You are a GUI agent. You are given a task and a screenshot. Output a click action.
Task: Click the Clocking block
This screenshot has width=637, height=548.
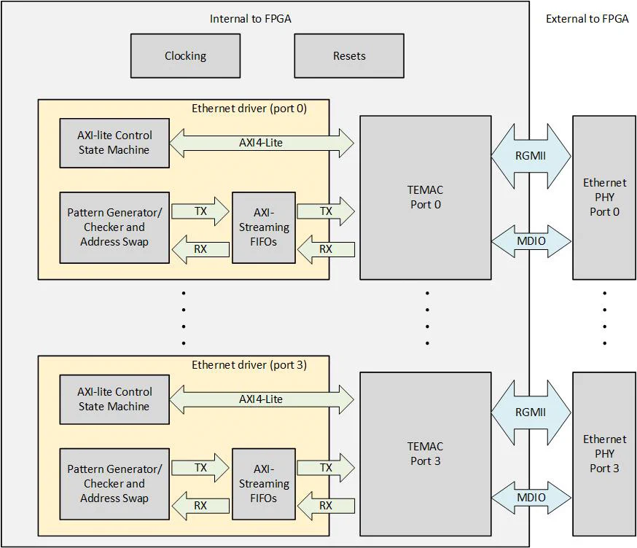click(x=185, y=56)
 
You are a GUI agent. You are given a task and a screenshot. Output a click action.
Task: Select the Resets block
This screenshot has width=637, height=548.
click(x=348, y=56)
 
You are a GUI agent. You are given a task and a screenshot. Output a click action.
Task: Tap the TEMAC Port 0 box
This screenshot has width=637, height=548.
click(x=425, y=197)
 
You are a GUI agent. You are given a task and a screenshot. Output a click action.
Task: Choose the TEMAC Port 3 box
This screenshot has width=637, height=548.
click(x=425, y=453)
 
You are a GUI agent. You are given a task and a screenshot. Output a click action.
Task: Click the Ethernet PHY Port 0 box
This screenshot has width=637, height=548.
click(x=604, y=197)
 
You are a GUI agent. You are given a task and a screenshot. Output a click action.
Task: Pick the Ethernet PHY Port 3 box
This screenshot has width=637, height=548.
click(x=604, y=453)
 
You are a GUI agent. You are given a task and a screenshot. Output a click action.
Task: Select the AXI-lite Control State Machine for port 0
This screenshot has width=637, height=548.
click(x=114, y=143)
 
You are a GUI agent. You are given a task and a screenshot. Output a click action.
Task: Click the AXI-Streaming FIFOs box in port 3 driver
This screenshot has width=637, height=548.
click(x=264, y=484)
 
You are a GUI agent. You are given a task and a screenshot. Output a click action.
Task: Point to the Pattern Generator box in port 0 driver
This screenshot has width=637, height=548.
click(x=114, y=227)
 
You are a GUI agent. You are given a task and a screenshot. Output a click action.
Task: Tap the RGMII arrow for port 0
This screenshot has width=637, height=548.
click(x=531, y=155)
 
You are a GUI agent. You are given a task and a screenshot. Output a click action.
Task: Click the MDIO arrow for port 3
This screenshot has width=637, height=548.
click(x=531, y=497)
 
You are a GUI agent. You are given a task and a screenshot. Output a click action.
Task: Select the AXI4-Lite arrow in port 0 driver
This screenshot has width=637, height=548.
click(x=261, y=143)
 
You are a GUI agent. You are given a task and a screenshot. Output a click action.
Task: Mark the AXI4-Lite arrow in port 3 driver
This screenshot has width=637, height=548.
click(x=261, y=399)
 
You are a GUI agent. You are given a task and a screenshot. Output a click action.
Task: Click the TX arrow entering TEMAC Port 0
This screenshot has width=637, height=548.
click(x=326, y=211)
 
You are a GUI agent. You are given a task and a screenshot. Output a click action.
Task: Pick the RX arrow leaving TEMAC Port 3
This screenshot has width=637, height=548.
click(x=326, y=505)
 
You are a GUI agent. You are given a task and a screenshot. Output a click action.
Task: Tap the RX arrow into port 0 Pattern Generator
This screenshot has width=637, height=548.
click(x=200, y=249)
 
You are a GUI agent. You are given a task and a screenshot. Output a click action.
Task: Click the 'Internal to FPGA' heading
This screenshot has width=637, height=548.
click(x=250, y=19)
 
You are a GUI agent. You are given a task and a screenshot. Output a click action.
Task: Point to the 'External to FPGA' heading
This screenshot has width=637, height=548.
click(x=587, y=19)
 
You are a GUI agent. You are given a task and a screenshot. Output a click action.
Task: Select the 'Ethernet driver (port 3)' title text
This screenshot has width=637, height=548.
click(x=249, y=365)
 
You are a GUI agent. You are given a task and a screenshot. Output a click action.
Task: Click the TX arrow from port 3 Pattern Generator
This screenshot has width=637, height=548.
click(x=200, y=468)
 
